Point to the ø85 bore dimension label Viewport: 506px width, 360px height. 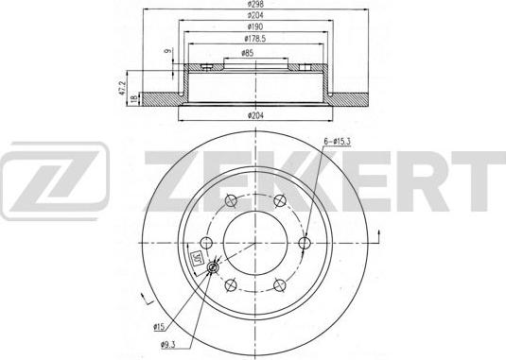click(x=247, y=54)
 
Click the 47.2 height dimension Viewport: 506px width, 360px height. click(x=121, y=88)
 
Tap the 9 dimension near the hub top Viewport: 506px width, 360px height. click(x=166, y=53)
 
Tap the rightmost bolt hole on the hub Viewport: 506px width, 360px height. click(x=305, y=243)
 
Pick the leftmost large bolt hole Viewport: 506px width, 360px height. click(x=203, y=243)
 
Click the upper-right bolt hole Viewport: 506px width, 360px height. click(x=279, y=199)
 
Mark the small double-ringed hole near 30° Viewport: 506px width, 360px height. click(x=215, y=268)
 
